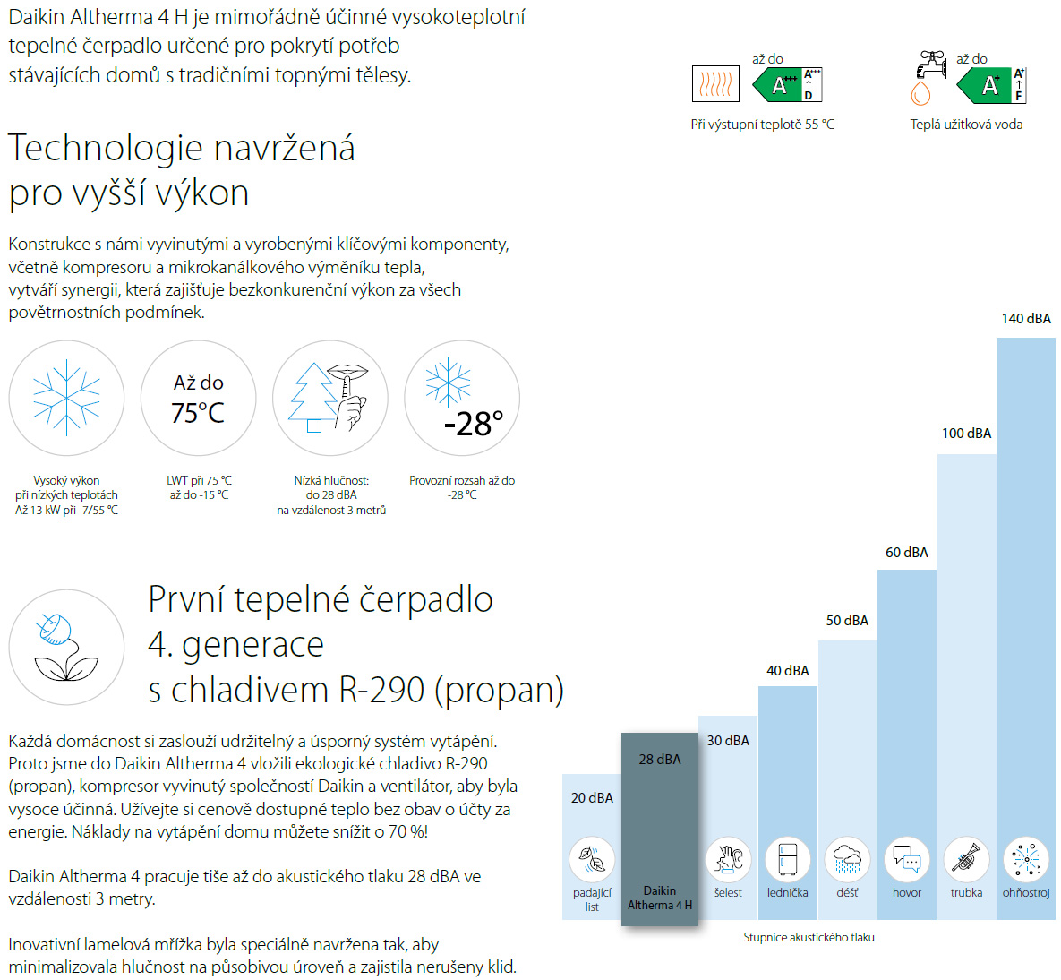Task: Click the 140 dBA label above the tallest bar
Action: (1026, 319)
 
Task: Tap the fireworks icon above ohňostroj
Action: (1025, 859)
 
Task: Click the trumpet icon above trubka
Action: (966, 859)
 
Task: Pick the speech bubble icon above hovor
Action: (907, 859)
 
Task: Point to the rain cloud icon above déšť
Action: (847, 859)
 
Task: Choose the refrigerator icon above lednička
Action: (788, 859)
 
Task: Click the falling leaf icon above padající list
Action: (592, 859)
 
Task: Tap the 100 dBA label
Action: (966, 434)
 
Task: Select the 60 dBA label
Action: (907, 553)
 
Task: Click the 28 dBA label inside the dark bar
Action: (660, 760)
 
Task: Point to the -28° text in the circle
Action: (474, 424)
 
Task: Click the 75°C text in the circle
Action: (198, 413)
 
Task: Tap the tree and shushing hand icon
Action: (329, 398)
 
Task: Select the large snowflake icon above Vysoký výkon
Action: (66, 398)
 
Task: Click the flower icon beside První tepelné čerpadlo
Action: (66, 647)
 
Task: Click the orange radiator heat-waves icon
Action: (715, 85)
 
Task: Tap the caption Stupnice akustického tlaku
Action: (809, 937)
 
